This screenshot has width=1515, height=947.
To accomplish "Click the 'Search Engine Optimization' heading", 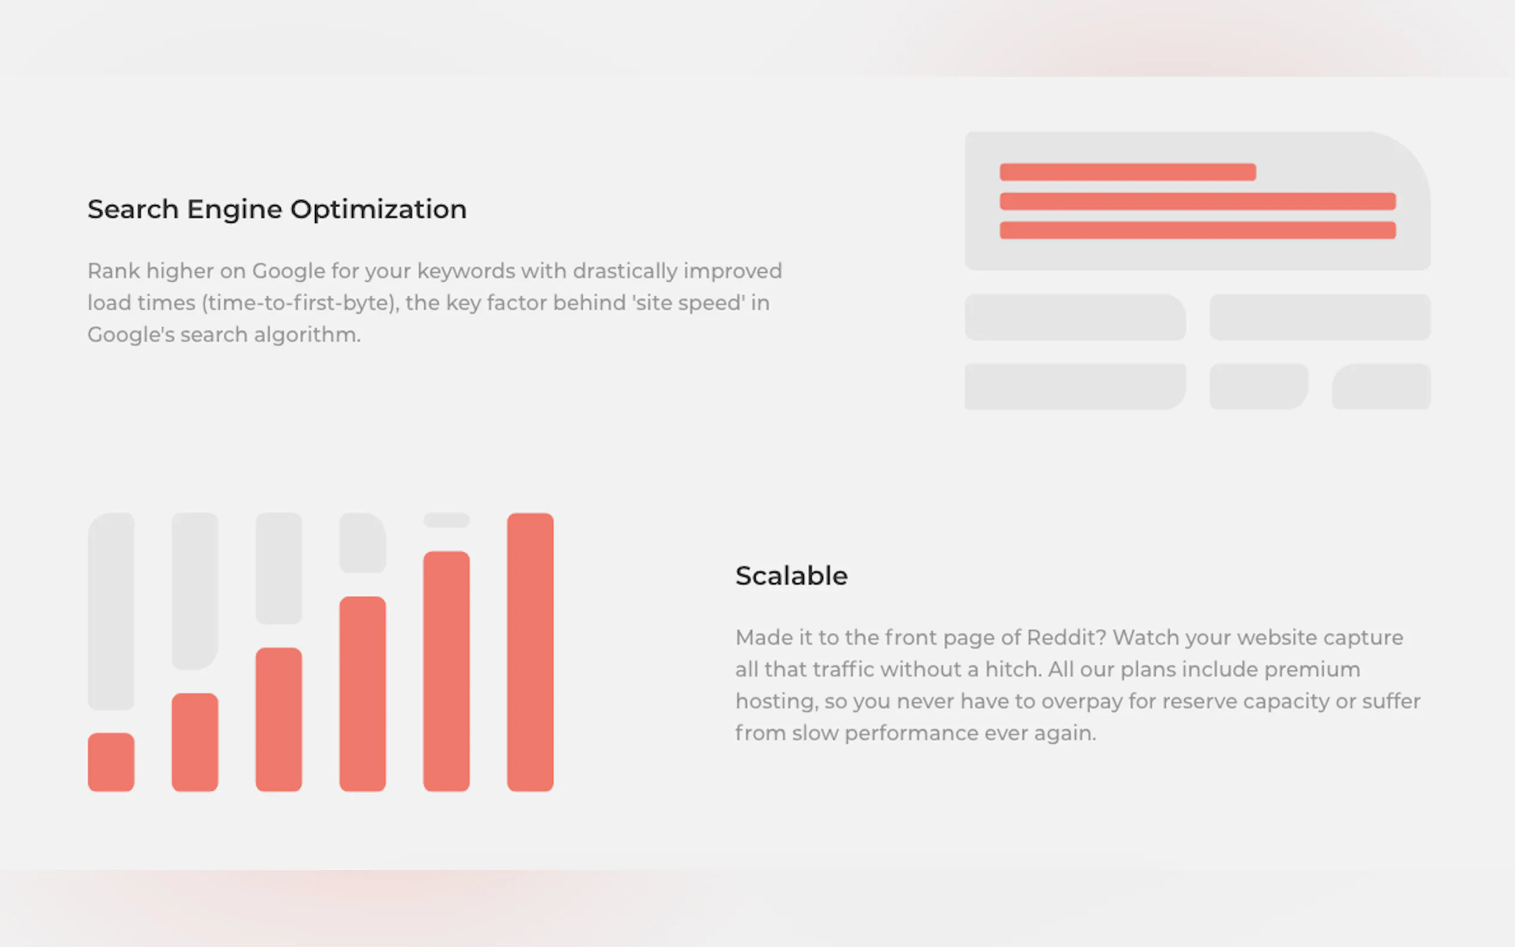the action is (277, 209).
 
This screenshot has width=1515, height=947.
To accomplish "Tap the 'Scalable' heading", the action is (791, 575).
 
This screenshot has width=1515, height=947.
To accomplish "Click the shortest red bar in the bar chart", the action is (111, 762).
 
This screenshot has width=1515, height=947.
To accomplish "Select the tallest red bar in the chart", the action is (530, 652).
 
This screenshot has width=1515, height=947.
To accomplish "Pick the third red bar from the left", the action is (279, 719).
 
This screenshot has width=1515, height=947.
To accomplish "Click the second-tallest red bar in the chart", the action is (446, 671).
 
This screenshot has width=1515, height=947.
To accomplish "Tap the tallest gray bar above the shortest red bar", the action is (111, 611).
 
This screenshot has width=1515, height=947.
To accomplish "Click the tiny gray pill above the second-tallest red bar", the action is (446, 520).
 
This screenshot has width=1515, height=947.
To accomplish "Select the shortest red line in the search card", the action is (1127, 172).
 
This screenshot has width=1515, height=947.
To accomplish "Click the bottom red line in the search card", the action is (1198, 230).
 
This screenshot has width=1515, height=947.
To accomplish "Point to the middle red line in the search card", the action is (1198, 201).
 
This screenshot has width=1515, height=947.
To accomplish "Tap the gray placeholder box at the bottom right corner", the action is (1381, 386).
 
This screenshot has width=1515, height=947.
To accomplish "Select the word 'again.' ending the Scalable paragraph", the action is (1065, 734).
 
